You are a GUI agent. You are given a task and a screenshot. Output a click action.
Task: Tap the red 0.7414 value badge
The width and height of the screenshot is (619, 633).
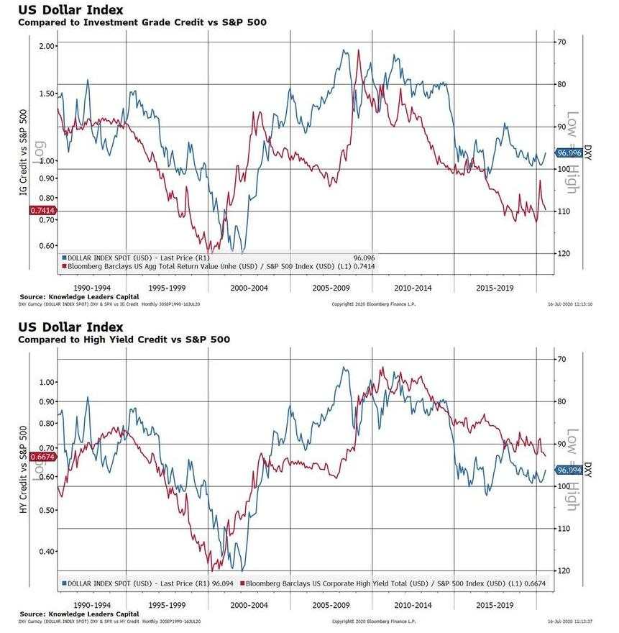coord(42,210)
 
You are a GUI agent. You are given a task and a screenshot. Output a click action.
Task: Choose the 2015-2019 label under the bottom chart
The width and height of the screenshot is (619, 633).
coord(495,605)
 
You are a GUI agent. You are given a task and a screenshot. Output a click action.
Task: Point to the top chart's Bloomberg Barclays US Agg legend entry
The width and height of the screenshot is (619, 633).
coord(219,266)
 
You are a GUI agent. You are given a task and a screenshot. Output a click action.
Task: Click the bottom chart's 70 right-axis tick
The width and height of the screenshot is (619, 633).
coord(562,359)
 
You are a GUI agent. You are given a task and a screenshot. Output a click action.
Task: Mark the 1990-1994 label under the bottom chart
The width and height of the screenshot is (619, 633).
coord(93,605)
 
